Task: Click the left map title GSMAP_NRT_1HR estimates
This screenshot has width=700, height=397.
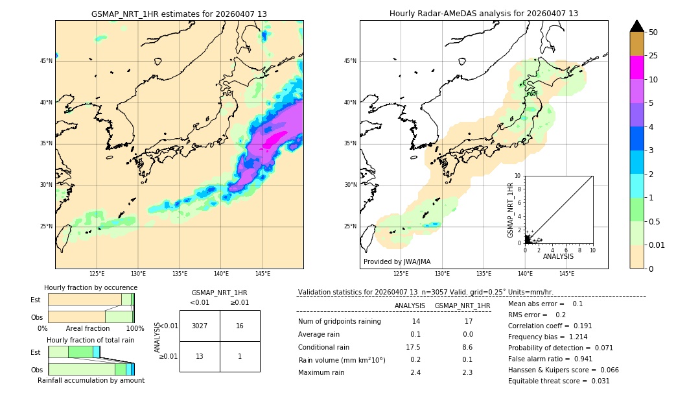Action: point(179,14)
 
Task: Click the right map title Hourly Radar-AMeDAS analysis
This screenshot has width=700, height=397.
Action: point(484,14)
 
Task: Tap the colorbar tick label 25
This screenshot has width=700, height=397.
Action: point(653,56)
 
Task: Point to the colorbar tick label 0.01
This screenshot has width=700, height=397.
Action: point(657,245)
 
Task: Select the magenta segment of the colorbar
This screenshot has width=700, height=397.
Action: point(636,67)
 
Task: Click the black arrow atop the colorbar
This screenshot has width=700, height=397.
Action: point(636,26)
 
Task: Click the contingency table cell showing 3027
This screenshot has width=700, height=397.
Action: point(200,326)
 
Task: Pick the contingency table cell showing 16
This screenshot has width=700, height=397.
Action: point(240,326)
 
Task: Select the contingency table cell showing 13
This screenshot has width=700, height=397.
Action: point(200,356)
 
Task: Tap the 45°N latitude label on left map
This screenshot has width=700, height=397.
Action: point(46,61)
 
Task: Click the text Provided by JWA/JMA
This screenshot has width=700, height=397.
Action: point(397,262)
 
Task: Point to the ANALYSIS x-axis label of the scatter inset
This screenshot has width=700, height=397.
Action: point(558,256)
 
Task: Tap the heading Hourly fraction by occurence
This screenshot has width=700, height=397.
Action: point(91,287)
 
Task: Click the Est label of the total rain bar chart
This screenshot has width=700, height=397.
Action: point(35,352)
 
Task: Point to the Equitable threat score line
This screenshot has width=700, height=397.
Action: point(559,381)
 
